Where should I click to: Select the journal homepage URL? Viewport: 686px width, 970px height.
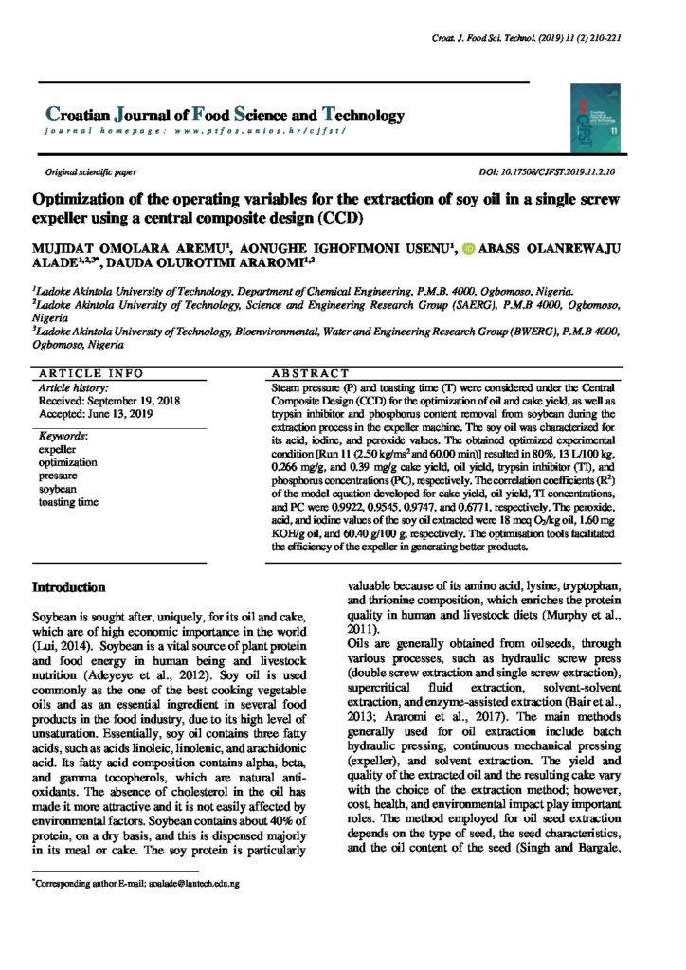click(x=201, y=130)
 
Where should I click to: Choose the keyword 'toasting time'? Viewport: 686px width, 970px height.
click(x=68, y=501)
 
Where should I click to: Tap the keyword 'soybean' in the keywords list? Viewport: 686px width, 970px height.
click(x=57, y=489)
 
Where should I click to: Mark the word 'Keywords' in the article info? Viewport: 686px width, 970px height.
click(x=63, y=437)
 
